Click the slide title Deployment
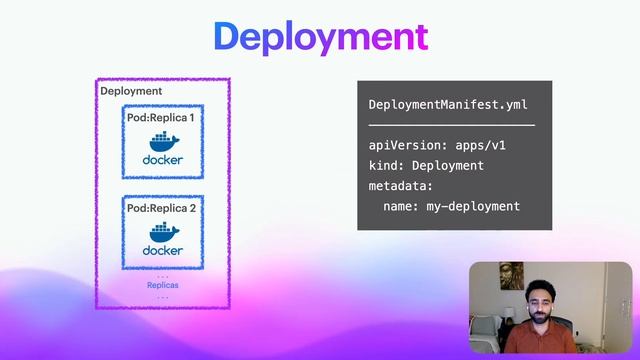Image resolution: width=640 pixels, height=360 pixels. click(320, 37)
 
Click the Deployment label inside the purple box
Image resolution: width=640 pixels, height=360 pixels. click(131, 91)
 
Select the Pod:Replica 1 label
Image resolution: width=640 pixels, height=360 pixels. click(161, 118)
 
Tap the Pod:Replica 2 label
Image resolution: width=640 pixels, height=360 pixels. click(161, 209)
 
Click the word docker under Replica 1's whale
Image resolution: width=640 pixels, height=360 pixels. click(163, 160)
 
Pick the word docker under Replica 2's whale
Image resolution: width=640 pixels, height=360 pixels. click(163, 250)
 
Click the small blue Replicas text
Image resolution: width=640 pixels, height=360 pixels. click(163, 285)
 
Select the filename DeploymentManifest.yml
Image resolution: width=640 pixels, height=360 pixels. click(447, 105)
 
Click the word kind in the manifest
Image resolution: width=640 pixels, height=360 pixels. click(385, 166)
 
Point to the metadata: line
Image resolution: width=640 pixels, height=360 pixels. click(401, 186)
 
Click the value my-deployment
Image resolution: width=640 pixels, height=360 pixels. click(475, 206)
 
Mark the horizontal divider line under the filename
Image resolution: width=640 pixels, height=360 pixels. click(451, 125)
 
